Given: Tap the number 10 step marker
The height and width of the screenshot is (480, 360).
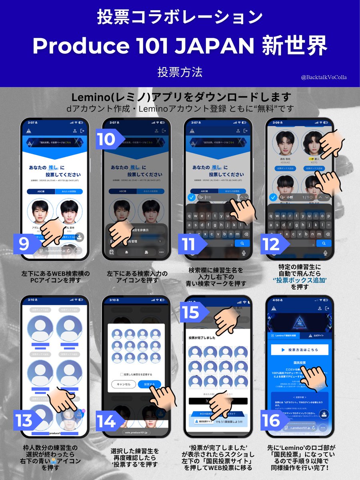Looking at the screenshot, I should coord(107,139).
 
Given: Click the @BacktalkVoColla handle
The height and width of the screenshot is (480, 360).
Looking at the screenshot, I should coord(324,78).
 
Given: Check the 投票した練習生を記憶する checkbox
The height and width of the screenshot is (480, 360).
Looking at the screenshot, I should coord(122,374).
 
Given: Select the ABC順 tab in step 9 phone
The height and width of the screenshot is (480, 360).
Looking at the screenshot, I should coord(42,192).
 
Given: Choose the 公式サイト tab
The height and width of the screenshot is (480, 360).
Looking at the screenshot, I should coord(318,336).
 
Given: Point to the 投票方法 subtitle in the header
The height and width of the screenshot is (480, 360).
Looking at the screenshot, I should coord(180,72).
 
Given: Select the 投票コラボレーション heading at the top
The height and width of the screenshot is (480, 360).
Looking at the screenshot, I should coord(180,17).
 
